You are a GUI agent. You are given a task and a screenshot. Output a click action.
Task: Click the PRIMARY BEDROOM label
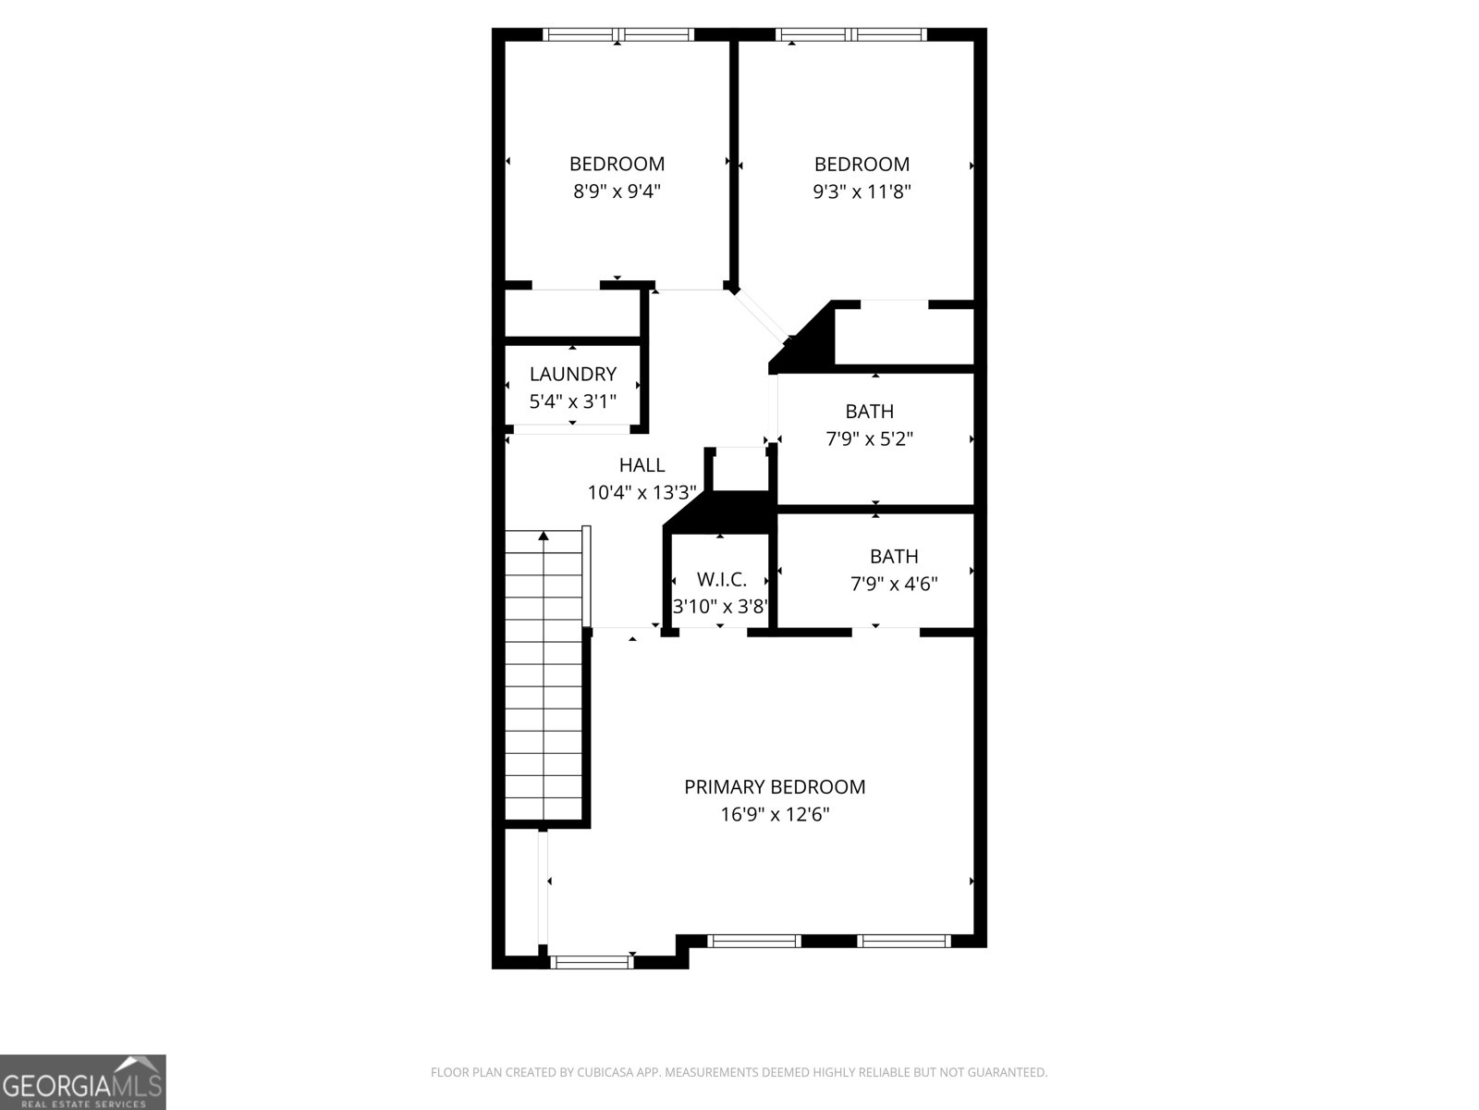[x=775, y=787]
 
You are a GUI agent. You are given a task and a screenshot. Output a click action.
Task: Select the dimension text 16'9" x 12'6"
[x=775, y=815]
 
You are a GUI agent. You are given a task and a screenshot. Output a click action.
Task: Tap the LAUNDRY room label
[x=572, y=375]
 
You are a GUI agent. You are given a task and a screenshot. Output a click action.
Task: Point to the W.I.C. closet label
[x=721, y=580]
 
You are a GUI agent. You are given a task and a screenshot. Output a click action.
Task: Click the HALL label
[x=642, y=465]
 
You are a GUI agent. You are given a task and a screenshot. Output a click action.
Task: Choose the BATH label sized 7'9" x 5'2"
[x=869, y=412]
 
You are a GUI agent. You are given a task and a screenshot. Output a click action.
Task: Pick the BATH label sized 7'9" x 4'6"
[x=894, y=557]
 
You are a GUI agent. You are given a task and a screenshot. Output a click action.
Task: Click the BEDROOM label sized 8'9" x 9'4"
[x=617, y=165]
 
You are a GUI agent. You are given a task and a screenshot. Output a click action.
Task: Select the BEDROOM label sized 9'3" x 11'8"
[x=862, y=165]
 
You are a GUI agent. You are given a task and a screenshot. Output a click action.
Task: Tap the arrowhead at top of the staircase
[x=544, y=536]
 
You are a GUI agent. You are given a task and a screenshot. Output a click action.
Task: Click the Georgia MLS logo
[x=83, y=1082]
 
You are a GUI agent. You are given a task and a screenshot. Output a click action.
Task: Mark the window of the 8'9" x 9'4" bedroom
[x=617, y=35]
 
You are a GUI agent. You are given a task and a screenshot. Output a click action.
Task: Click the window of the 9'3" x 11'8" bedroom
[x=851, y=35]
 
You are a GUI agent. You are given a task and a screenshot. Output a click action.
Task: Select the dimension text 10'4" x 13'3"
[x=642, y=493]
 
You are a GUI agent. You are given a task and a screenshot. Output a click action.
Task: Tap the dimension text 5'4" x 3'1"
[x=572, y=402]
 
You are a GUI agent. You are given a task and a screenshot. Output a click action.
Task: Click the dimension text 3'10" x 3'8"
[x=720, y=608]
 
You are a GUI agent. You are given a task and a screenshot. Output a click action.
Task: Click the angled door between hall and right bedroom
[x=761, y=314]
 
